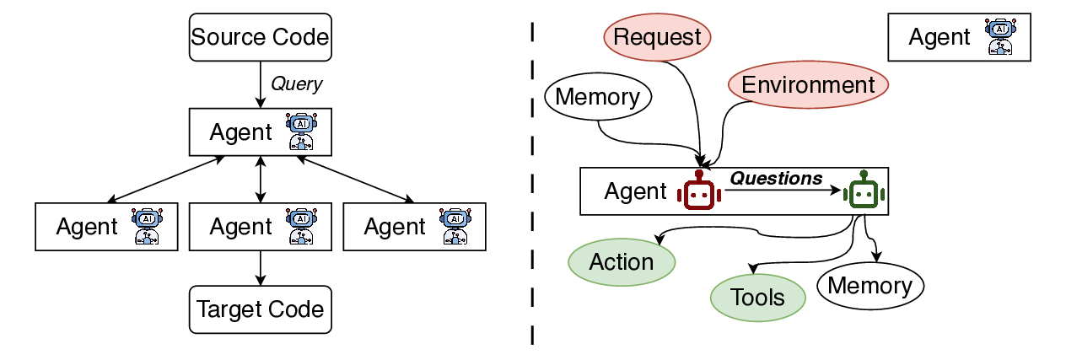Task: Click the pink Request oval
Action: click(657, 38)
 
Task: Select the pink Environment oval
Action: click(808, 85)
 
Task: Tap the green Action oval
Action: click(622, 262)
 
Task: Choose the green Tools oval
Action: click(757, 298)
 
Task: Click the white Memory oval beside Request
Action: click(598, 97)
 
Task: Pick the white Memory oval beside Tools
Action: click(869, 286)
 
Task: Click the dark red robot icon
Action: click(699, 193)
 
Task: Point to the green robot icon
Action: click(863, 193)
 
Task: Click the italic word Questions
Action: click(775, 178)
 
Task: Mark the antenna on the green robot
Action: click(863, 175)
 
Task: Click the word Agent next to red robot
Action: click(635, 191)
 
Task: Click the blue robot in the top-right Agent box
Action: click(1001, 38)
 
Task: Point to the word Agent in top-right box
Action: click(939, 38)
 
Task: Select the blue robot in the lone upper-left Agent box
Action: click(301, 132)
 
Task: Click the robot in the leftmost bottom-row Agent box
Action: click(148, 226)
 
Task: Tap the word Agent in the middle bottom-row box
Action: click(240, 227)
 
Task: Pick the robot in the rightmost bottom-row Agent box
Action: click(455, 226)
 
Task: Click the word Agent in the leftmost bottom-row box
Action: click(87, 227)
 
